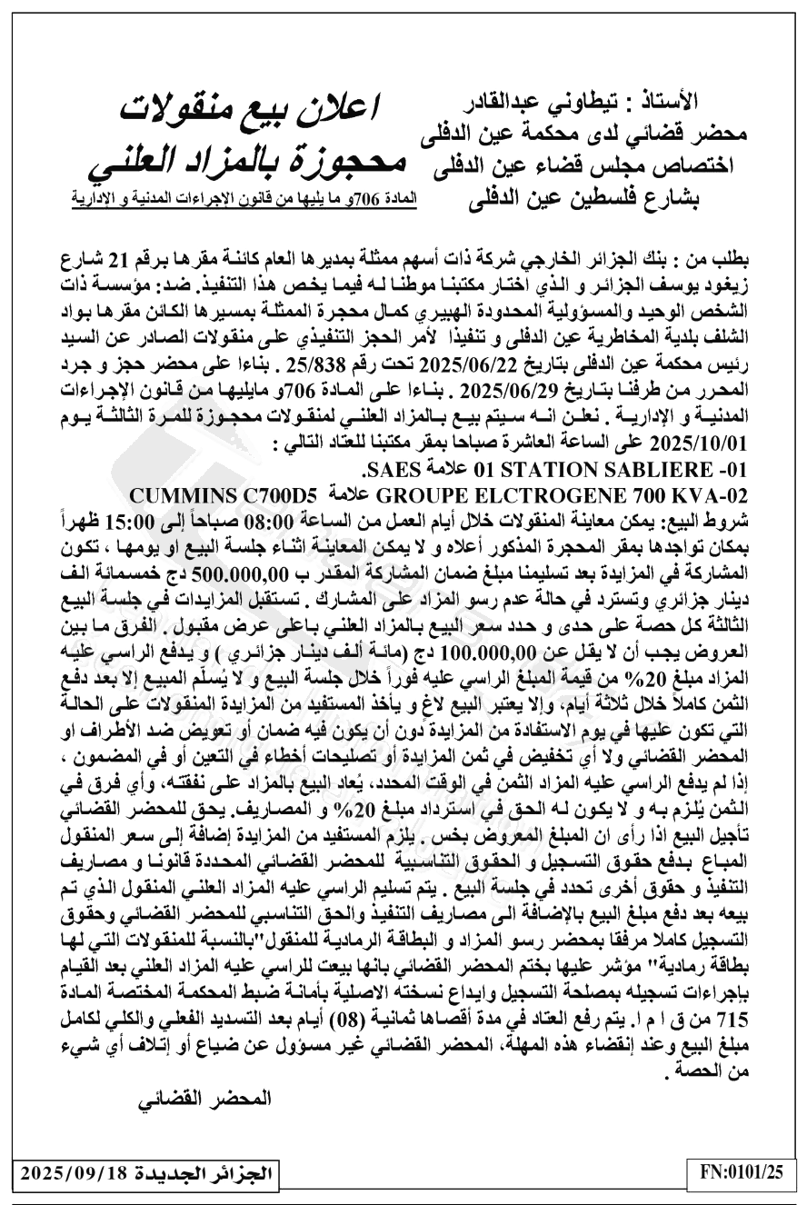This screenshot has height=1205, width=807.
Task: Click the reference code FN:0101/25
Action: (x=742, y=1172)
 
